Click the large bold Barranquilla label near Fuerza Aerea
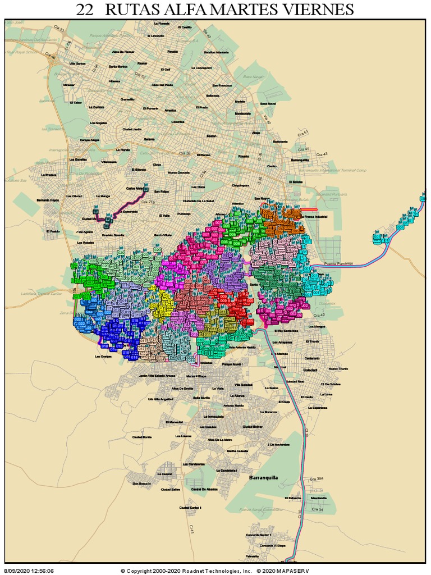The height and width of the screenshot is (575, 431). click(263, 478)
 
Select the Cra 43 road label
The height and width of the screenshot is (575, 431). click(322, 154)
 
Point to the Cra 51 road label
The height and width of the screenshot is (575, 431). click(302, 134)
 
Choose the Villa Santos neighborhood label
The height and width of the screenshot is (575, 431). click(77, 63)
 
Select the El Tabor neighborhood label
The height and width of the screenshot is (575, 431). click(76, 103)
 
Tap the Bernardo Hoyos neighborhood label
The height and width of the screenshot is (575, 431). click(48, 200)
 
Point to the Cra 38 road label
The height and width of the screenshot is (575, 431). click(185, 153)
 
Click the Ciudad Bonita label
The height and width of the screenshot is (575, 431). click(141, 437)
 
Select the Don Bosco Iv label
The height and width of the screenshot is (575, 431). click(142, 483)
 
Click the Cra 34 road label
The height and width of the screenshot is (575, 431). click(317, 509)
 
